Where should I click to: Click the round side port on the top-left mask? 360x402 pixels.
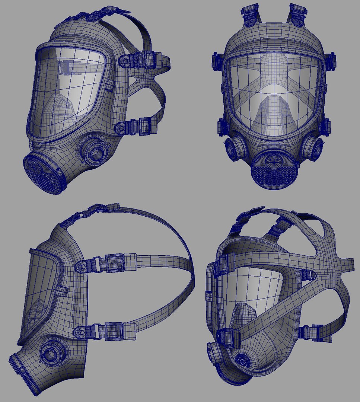[96, 152]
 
